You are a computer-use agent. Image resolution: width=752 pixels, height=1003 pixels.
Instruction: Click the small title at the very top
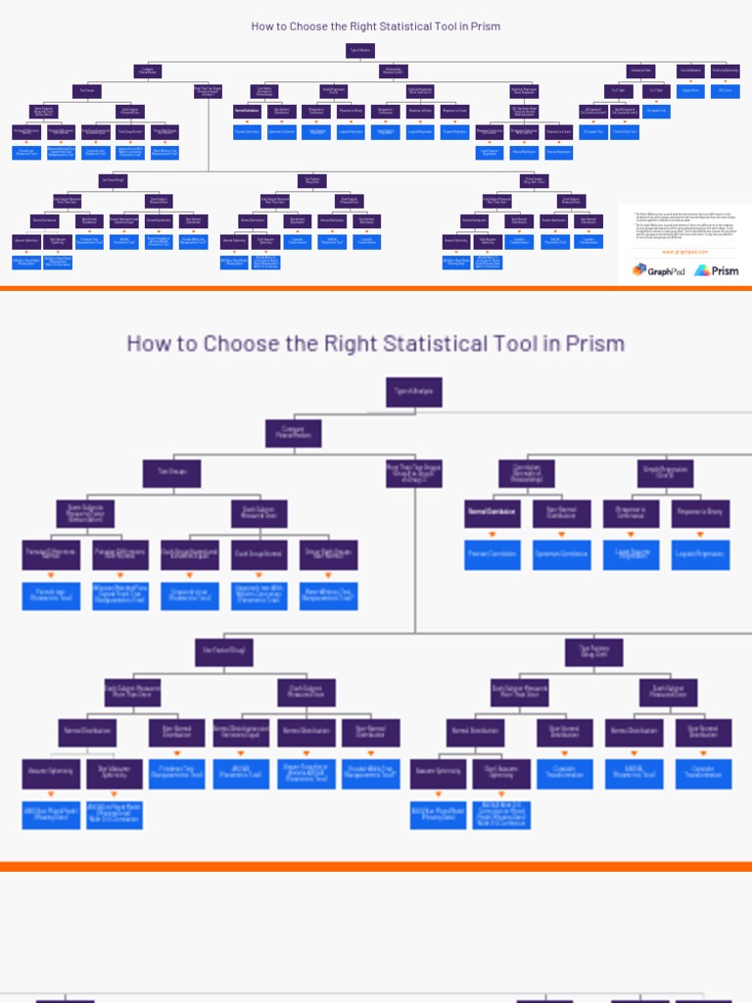pos(375,26)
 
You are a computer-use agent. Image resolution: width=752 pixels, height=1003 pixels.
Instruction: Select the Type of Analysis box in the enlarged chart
pos(414,392)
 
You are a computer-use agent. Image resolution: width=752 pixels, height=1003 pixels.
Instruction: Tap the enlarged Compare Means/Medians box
pos(293,434)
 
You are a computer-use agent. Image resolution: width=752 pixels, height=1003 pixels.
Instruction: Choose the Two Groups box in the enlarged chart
pos(171,474)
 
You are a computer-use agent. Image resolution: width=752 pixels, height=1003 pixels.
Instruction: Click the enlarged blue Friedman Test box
pos(177,775)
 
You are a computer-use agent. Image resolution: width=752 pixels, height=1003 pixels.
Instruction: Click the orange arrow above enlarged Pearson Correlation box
pos(492,534)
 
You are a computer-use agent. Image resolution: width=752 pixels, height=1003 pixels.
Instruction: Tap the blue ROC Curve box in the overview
pos(725,91)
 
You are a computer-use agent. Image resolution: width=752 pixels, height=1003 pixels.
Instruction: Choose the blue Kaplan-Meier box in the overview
pos(690,91)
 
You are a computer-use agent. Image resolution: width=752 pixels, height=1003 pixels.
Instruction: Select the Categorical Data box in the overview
pos(641,71)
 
